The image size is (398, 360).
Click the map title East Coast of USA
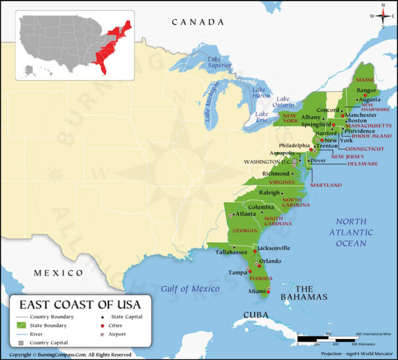80,304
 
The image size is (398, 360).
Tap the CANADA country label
198,22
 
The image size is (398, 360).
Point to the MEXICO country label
58,272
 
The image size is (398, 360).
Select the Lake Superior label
220,62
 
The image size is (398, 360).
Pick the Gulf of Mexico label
190,288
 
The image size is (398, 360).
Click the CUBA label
256,315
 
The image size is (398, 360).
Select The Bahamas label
304,293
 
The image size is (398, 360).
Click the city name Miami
257,291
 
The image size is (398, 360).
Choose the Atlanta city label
245,213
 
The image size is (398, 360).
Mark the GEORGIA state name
244,230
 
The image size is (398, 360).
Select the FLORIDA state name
261,278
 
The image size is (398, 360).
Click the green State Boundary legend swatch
21,326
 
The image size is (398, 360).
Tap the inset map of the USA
75,45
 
